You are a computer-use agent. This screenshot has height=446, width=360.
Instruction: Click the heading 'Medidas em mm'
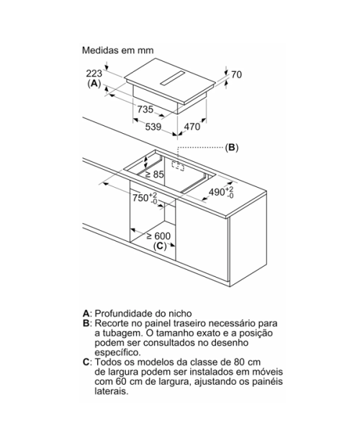(x=118, y=50)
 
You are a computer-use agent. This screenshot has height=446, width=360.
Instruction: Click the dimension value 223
(x=94, y=73)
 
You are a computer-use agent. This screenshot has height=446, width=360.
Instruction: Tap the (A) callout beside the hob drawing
(x=94, y=83)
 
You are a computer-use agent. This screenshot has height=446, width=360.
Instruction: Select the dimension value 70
(x=236, y=75)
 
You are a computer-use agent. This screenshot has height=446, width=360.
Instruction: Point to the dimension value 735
(x=145, y=109)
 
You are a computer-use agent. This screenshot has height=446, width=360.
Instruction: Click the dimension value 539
(x=153, y=127)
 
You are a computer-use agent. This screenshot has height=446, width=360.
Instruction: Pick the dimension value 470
(x=192, y=127)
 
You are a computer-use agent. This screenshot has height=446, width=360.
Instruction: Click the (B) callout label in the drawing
(x=232, y=147)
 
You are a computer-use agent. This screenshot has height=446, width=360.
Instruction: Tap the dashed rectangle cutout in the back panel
(x=178, y=166)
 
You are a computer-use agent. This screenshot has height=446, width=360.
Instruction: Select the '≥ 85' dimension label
(x=155, y=174)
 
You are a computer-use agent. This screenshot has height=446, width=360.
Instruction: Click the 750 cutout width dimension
(x=145, y=198)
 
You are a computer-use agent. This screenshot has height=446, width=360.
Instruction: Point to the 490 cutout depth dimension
(x=221, y=192)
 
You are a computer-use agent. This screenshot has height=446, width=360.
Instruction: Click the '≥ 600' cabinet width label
(x=158, y=236)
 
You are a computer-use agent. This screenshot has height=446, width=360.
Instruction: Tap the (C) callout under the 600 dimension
(x=160, y=246)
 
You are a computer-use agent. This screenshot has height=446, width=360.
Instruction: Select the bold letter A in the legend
(x=86, y=314)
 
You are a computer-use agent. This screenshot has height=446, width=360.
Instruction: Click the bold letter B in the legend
(x=86, y=324)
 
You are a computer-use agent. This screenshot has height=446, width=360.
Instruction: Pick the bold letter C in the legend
(x=86, y=363)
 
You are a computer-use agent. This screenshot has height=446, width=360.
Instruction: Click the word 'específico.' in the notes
(x=118, y=352)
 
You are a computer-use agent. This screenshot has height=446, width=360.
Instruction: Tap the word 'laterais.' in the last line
(x=112, y=391)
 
